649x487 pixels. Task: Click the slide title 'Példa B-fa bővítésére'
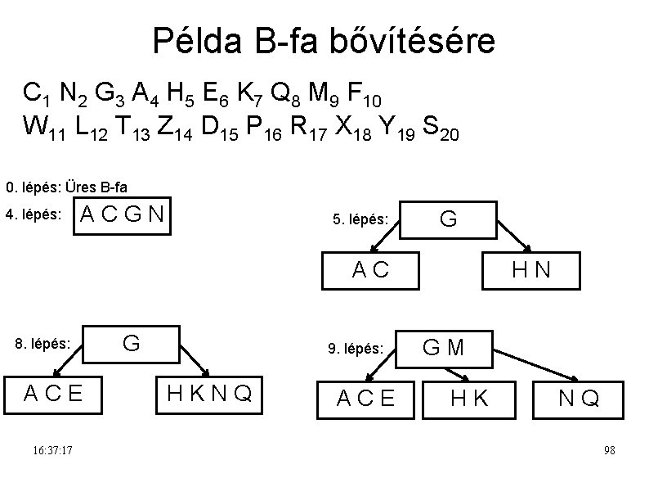pyautogui.click(x=324, y=40)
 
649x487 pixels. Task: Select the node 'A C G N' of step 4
pyautogui.click(x=124, y=215)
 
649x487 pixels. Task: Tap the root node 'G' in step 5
pyautogui.click(x=448, y=219)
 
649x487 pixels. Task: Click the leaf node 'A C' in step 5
pyautogui.click(x=370, y=269)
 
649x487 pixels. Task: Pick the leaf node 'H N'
pyautogui.click(x=531, y=269)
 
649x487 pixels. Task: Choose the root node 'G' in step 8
pyautogui.click(x=130, y=343)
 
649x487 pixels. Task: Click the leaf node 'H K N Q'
pyautogui.click(x=209, y=394)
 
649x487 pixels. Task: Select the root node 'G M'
pyautogui.click(x=443, y=348)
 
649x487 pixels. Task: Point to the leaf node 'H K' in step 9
pyautogui.click(x=470, y=399)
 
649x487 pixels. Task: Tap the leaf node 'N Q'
pyautogui.click(x=579, y=399)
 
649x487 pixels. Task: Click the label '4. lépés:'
pyautogui.click(x=33, y=215)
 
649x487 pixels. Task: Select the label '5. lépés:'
pyautogui.click(x=360, y=219)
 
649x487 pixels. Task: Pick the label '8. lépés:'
pyautogui.click(x=43, y=344)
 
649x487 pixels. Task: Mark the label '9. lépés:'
pyautogui.click(x=356, y=349)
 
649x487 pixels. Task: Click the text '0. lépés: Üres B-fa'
pyautogui.click(x=66, y=187)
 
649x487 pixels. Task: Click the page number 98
pyautogui.click(x=609, y=451)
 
